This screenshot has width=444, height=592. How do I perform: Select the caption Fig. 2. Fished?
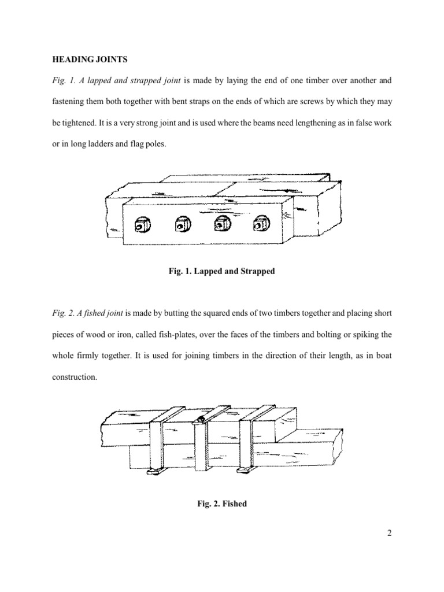click(221, 504)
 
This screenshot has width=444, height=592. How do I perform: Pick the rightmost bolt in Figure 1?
click(258, 223)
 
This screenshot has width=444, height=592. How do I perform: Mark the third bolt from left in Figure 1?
click(221, 224)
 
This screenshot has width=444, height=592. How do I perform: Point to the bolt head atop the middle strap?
click(201, 419)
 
